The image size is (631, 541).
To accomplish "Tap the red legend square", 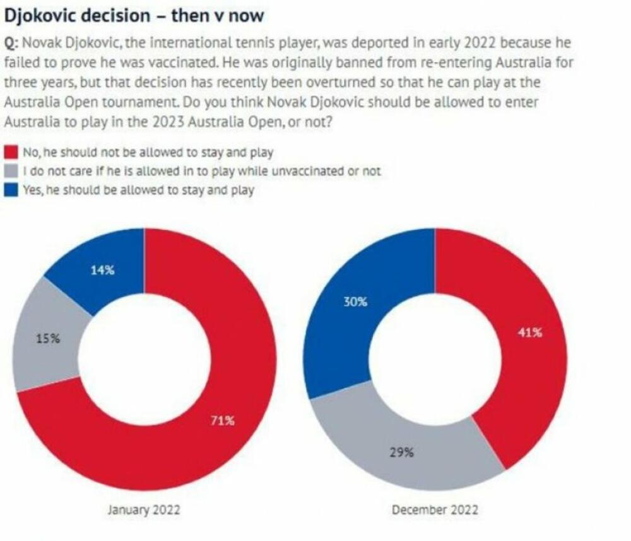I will (11, 152).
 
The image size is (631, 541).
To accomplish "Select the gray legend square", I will (11, 171).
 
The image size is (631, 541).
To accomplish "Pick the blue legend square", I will (11, 190).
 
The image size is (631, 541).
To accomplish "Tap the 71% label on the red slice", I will (222, 421).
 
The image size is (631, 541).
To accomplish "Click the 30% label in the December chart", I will (355, 302).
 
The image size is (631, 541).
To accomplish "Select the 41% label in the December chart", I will (530, 332).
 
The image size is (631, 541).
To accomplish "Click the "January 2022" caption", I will (144, 509).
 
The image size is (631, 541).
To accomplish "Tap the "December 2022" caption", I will (435, 509).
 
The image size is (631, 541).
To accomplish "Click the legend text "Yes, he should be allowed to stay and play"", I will (138, 190).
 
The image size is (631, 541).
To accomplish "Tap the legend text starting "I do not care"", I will (201, 171).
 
